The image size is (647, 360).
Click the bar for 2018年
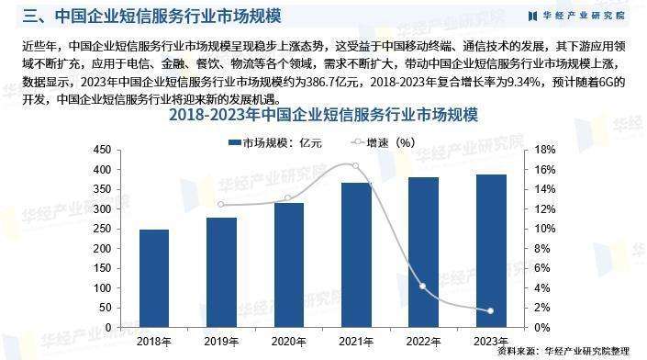click(154, 277)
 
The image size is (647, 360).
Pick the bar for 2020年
click(288, 264)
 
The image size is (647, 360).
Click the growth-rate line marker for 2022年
click(422, 287)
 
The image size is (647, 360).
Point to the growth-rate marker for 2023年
click(489, 311)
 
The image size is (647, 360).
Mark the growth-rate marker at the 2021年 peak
click(355, 166)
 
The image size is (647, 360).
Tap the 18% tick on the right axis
click(545, 150)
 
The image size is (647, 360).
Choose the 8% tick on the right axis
click(542, 248)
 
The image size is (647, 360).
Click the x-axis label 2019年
click(221, 342)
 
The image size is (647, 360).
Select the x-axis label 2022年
click(422, 342)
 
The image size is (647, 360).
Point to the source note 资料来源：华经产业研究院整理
click(569, 352)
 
